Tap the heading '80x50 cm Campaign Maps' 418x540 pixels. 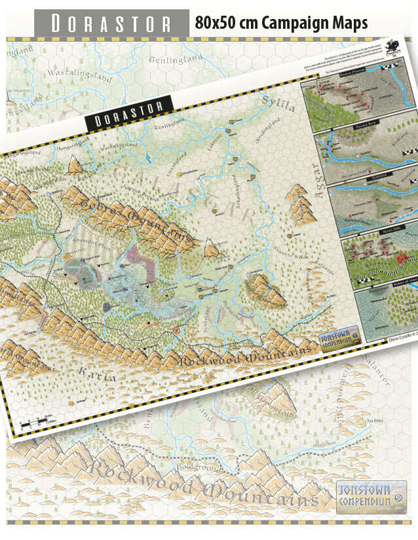[x=281, y=24]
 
